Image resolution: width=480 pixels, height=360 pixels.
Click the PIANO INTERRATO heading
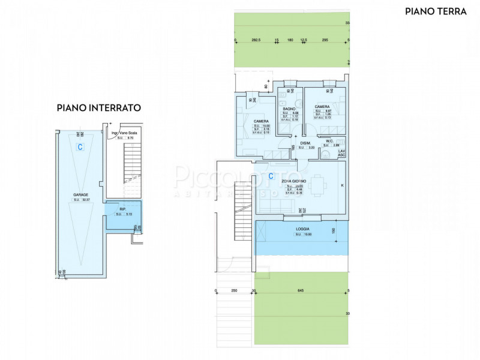pos(98,108)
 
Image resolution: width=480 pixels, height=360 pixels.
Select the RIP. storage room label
pos(122,209)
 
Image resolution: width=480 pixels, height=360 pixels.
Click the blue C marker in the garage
pos(79,146)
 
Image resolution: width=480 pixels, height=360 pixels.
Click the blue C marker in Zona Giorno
pos(271,176)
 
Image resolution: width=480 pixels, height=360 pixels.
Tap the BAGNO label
pos(289,109)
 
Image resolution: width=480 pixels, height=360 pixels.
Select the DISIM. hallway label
pos(305,143)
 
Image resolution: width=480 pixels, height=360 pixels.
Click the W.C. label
pos(330,141)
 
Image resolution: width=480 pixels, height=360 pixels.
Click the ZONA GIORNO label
pos(295,181)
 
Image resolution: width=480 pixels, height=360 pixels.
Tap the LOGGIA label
pos(302,229)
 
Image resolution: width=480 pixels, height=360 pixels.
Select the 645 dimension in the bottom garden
pos(301,292)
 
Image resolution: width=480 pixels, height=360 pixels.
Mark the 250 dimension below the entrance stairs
pos(233,292)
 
